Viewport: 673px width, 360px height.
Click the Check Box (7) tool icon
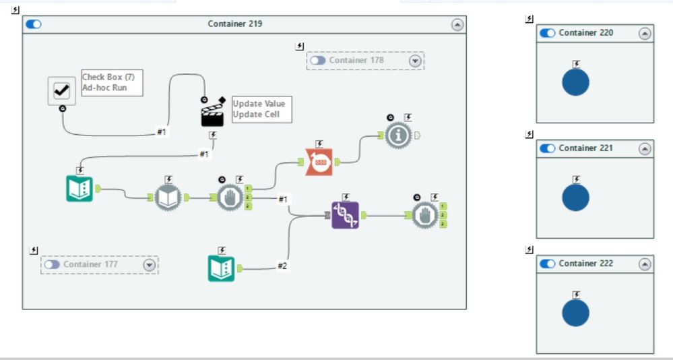point(62,90)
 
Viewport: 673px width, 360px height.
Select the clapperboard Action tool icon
point(212,115)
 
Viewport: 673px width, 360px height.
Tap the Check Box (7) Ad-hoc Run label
point(112,83)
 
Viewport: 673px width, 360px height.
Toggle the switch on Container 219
point(33,24)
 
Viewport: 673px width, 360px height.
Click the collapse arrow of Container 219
point(457,24)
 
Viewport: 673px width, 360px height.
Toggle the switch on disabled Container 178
point(318,61)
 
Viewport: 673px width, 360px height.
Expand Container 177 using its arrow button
point(150,265)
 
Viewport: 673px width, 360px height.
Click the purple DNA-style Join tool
point(345,215)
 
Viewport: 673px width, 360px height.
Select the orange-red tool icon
point(319,162)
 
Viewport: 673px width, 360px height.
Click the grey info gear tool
point(399,136)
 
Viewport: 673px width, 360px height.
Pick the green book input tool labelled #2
point(221,268)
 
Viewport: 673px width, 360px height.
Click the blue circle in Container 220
point(575,82)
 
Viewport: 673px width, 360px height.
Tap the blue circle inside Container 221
point(575,198)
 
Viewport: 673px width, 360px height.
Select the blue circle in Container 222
point(575,313)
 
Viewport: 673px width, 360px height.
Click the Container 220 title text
point(585,33)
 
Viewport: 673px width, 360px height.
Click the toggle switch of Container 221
point(548,148)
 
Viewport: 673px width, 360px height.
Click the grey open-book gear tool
point(168,198)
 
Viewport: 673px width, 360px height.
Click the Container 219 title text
point(235,24)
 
